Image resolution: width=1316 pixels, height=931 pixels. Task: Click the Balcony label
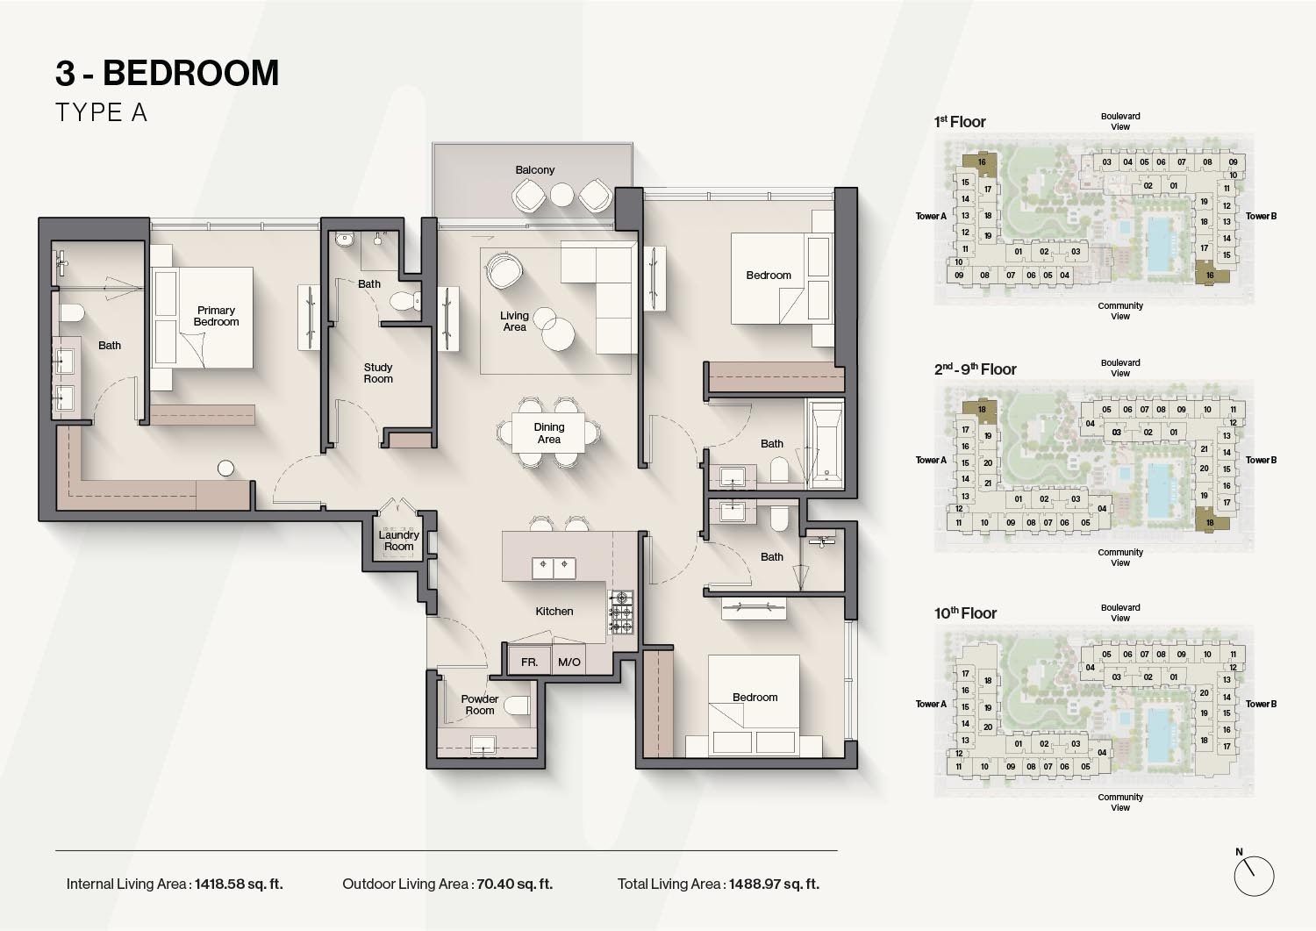click(534, 170)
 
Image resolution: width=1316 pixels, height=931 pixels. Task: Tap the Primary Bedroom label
click(216, 316)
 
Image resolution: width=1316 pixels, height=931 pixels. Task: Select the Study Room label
click(378, 373)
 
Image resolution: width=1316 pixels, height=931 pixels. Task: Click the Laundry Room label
click(398, 541)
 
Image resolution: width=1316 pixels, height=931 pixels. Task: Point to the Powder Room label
click(479, 705)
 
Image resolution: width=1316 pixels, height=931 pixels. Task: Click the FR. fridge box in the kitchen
click(529, 662)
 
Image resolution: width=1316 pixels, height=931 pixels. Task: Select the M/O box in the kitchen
click(569, 662)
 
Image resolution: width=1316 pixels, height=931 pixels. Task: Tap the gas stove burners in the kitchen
click(621, 612)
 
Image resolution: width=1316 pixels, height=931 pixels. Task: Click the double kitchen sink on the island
click(554, 567)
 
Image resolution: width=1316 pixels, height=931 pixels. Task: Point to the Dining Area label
click(549, 433)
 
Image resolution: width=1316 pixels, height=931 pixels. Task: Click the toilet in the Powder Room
click(518, 705)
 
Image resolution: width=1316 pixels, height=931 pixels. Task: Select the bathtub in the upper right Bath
click(825, 443)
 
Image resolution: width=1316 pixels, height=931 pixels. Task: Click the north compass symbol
click(1253, 875)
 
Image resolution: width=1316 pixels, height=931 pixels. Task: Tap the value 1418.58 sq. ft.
click(239, 884)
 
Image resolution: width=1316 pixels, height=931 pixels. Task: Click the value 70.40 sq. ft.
click(514, 884)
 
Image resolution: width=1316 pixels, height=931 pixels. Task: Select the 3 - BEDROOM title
click(167, 73)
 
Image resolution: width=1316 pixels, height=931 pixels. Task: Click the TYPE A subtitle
click(101, 112)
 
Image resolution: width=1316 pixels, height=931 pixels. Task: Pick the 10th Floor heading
click(965, 613)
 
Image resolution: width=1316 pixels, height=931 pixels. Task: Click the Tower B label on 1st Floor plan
click(1261, 216)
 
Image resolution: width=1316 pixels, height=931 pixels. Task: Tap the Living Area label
click(514, 321)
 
